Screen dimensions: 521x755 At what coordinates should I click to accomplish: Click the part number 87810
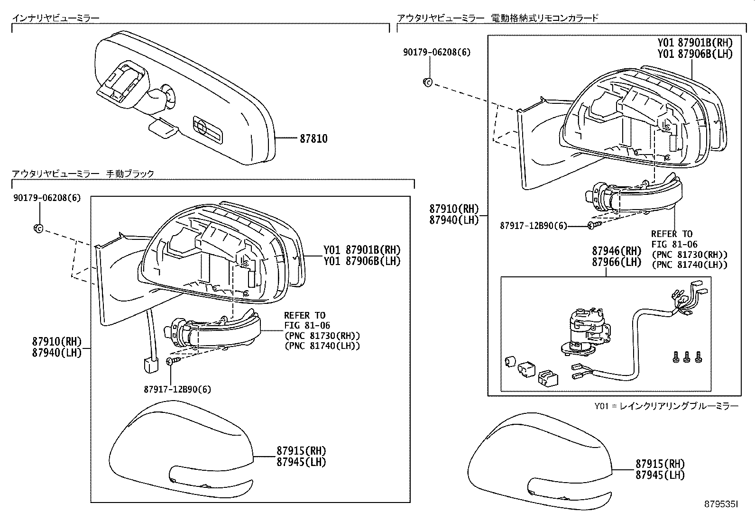pyautogui.click(x=313, y=139)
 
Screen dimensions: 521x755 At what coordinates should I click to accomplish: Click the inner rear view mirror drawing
pyautogui.click(x=185, y=100)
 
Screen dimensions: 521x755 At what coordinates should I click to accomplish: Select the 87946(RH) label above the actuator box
pyautogui.click(x=616, y=251)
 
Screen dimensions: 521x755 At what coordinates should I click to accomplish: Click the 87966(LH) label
pyautogui.click(x=616, y=262)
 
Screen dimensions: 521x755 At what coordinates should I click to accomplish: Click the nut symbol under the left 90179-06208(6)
pyautogui.click(x=38, y=228)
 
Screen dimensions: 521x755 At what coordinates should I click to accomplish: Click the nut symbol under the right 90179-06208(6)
pyautogui.click(x=427, y=82)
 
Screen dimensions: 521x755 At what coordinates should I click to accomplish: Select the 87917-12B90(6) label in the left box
pyautogui.click(x=177, y=389)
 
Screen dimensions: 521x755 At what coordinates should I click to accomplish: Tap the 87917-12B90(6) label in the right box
pyautogui.click(x=533, y=226)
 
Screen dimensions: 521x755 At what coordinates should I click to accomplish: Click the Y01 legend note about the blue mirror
pyautogui.click(x=666, y=406)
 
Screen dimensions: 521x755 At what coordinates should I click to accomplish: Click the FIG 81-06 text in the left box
pyautogui.click(x=307, y=326)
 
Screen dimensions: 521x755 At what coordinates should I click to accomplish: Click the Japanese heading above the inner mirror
pyautogui.click(x=56, y=18)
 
